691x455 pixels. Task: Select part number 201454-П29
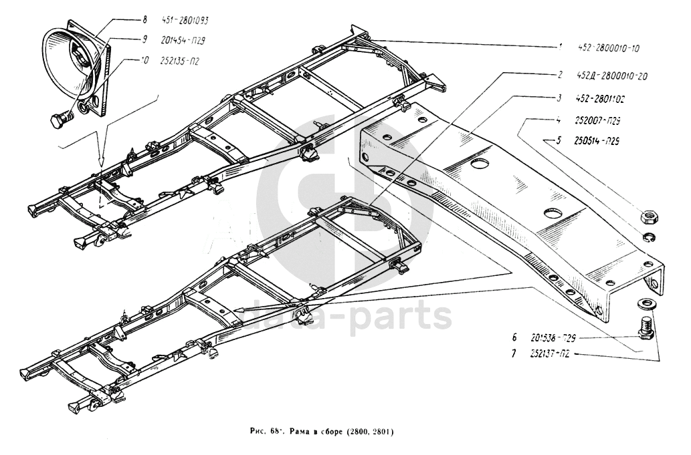(x=183, y=40)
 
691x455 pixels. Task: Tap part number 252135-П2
(x=180, y=59)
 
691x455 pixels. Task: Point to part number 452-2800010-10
(x=609, y=48)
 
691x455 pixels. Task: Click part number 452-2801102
(x=600, y=99)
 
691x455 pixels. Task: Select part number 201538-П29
(x=553, y=337)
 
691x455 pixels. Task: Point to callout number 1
(x=560, y=47)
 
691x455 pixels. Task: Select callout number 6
(x=514, y=337)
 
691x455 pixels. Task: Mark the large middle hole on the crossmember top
(x=554, y=213)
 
